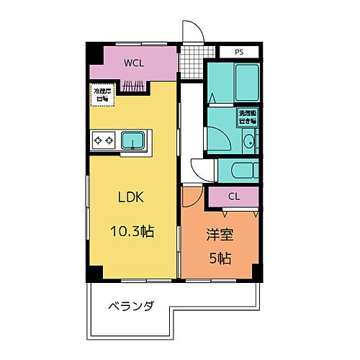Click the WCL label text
pyautogui.click(x=133, y=63)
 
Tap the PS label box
pyautogui.click(x=238, y=52)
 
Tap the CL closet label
pyautogui.click(x=234, y=196)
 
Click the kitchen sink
pyautogui.click(x=132, y=140)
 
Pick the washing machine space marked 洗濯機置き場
pyautogui.click(x=248, y=117)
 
